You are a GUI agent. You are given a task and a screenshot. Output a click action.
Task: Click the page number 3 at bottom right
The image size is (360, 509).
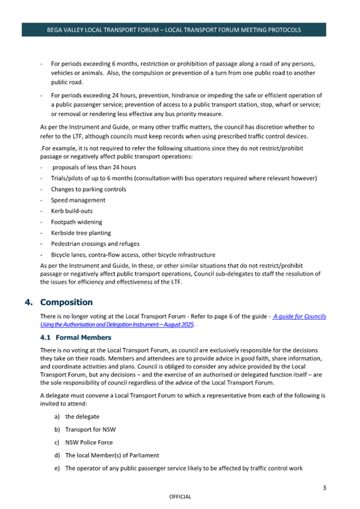click(x=324, y=487)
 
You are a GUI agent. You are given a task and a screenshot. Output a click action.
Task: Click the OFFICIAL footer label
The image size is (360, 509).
click(x=180, y=497)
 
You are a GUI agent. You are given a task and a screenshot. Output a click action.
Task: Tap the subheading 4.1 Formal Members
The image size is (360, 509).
click(x=76, y=337)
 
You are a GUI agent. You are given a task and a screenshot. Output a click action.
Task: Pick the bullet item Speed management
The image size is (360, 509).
click(x=78, y=200)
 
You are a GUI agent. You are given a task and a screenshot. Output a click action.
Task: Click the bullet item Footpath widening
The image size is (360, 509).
click(x=76, y=222)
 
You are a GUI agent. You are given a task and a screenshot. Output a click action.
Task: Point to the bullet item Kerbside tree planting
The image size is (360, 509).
click(x=81, y=233)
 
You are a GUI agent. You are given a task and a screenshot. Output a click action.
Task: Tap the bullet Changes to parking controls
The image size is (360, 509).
click(x=89, y=189)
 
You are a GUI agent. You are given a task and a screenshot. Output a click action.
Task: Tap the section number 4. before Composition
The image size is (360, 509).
click(x=29, y=303)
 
